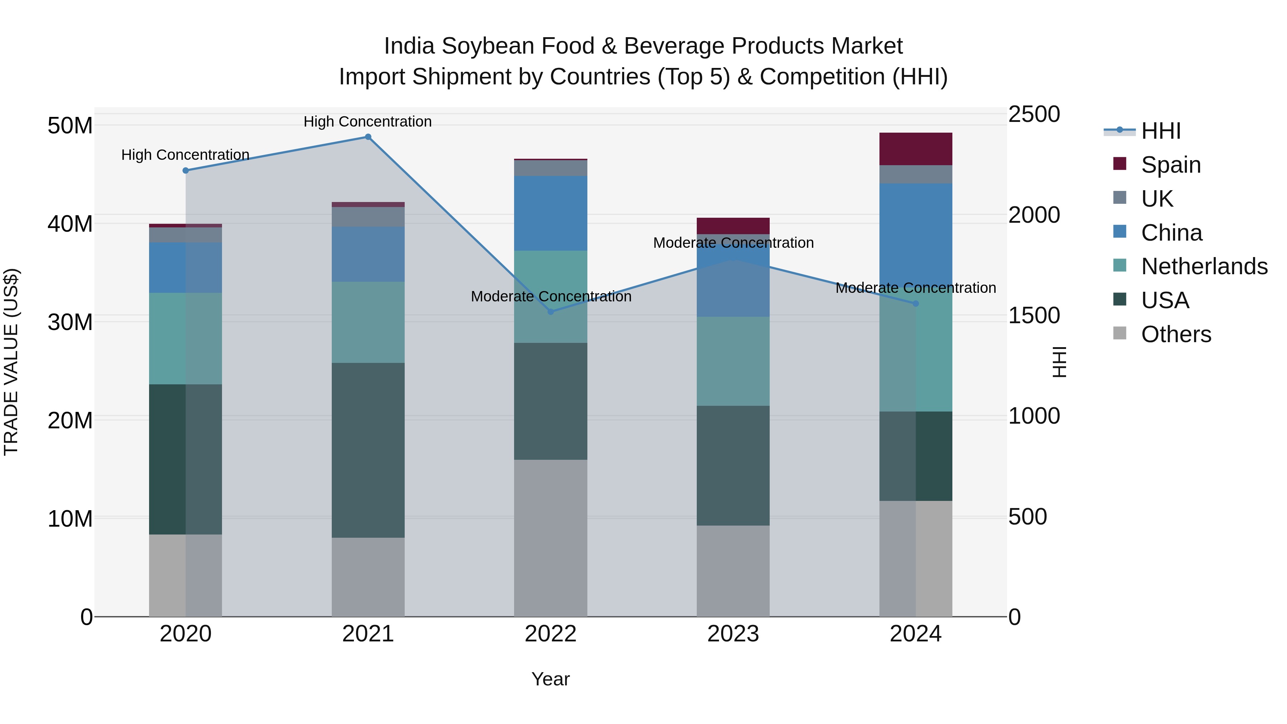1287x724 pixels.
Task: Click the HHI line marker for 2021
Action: coord(368,137)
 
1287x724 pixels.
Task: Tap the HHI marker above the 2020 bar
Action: coord(185,171)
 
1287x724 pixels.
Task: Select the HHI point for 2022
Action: coord(551,312)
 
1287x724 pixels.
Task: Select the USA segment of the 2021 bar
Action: coord(368,450)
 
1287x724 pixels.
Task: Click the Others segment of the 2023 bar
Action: coord(733,571)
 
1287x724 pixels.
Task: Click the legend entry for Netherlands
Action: coord(1204,266)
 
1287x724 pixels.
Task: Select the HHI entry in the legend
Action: coord(1160,131)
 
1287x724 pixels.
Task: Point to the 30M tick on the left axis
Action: coord(70,322)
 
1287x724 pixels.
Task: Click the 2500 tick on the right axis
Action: coord(1034,114)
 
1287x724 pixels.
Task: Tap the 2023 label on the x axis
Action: coord(733,634)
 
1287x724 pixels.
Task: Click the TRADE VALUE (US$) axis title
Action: coord(11,362)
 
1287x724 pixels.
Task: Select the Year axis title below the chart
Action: coord(551,679)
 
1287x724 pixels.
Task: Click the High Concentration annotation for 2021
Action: coord(368,122)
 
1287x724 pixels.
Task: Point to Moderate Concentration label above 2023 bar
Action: coord(733,243)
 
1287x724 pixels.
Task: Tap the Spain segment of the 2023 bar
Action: coord(733,226)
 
